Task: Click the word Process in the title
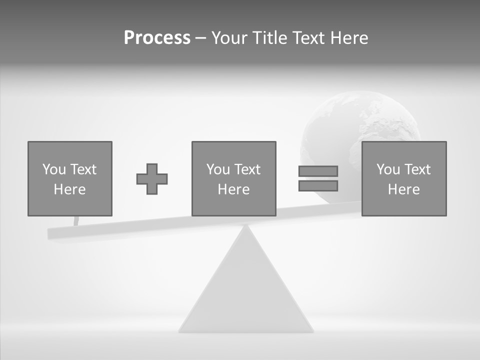pos(157,38)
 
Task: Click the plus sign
pos(152,179)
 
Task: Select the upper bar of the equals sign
pos(318,171)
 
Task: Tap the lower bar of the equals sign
pos(318,186)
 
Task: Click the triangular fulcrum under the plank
pos(246,290)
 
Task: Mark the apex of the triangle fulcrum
pos(246,228)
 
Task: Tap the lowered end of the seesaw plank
pos(55,233)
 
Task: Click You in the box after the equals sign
pos(388,169)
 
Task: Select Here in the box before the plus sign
pos(70,189)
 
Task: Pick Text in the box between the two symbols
pos(247,169)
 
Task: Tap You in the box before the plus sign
pos(54,169)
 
